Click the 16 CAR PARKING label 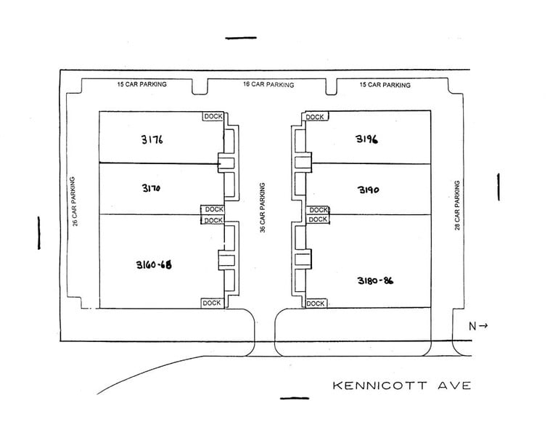coord(268,85)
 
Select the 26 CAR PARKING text coord(75,200)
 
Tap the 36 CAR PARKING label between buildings coord(263,207)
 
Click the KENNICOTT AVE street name coord(401,385)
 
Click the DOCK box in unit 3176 coord(213,116)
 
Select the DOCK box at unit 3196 coord(315,117)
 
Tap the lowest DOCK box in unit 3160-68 coord(212,303)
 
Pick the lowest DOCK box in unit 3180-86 coord(316,304)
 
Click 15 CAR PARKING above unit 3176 coord(141,84)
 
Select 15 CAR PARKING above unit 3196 coord(385,85)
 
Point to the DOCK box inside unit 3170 coord(213,210)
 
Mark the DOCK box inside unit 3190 coord(319,210)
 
